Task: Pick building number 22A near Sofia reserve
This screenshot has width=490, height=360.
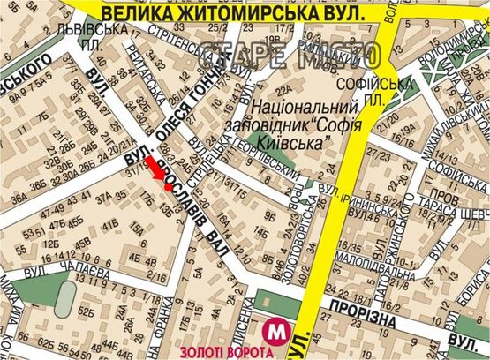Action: point(284,91)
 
